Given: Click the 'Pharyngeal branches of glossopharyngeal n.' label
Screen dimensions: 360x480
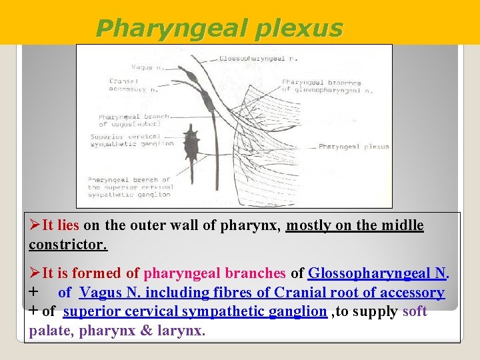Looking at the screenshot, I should click(327, 86).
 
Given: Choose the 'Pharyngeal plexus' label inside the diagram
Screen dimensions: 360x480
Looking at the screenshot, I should click(353, 147).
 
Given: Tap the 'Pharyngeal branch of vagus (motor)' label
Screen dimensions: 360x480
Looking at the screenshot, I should click(129, 121).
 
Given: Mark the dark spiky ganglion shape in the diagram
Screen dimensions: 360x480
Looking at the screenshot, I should click(192, 143).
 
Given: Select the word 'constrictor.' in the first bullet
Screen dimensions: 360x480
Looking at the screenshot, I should click(67, 245).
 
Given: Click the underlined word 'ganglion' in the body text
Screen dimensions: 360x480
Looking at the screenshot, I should click(299, 311).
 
